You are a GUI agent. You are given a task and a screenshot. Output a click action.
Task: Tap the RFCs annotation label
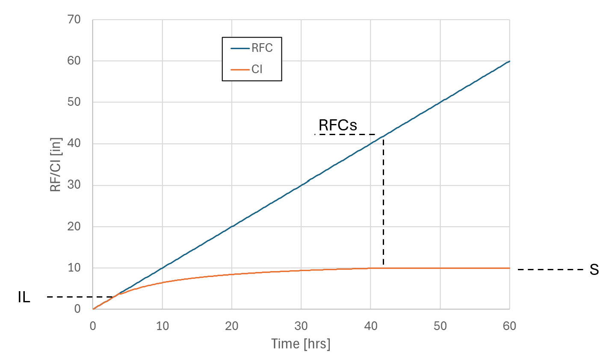tap(338, 125)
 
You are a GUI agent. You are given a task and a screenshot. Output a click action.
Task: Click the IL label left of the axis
tap(24, 297)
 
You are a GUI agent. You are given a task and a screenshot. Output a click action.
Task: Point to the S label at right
tap(594, 269)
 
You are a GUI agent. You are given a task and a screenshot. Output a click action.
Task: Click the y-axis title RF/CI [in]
tap(56, 165)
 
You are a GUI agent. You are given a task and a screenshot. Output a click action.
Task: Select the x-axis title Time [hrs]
tap(301, 343)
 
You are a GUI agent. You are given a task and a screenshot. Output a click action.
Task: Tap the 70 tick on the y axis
tap(74, 20)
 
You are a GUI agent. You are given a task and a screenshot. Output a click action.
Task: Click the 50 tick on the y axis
tap(74, 102)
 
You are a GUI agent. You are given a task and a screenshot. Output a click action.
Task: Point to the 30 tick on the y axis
tap(74, 185)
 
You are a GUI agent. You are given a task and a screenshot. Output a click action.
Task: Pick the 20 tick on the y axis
tap(74, 226)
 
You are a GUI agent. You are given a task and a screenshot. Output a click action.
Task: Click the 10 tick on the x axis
tap(162, 326)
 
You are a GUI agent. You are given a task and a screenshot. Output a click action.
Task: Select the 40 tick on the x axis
tap(370, 326)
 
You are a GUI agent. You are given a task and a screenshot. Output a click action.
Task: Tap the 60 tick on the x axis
tap(509, 326)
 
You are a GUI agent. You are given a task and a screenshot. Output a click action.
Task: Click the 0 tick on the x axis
tap(93, 326)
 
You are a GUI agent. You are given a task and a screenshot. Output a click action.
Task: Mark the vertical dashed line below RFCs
tap(383, 201)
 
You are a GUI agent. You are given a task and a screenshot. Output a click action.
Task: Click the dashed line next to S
tap(550, 269)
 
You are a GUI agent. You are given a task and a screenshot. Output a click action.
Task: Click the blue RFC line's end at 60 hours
tap(509, 62)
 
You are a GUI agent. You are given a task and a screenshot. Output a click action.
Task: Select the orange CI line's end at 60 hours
tap(509, 268)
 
